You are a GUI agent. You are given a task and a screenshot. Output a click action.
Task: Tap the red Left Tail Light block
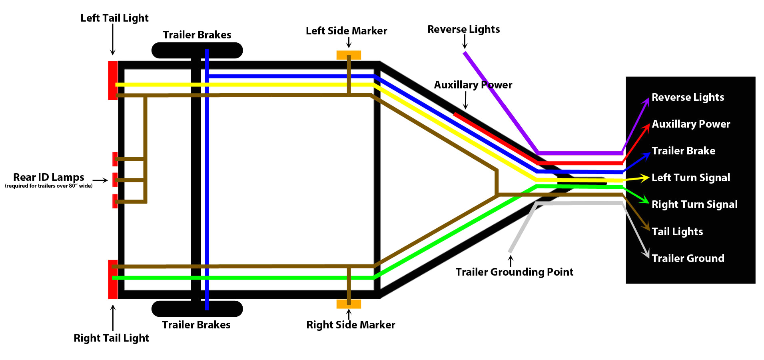(x=112, y=80)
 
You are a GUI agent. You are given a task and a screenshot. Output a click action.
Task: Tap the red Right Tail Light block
(x=112, y=279)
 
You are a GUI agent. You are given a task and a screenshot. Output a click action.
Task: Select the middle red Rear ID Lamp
(x=115, y=180)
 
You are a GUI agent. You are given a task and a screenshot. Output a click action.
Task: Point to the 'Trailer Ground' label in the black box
(x=688, y=258)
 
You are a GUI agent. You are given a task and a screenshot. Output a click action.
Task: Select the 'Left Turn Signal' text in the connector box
(x=690, y=178)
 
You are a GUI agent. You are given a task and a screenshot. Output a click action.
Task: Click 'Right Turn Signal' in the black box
(x=694, y=204)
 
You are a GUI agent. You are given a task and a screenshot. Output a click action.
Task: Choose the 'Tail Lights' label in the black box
(x=677, y=232)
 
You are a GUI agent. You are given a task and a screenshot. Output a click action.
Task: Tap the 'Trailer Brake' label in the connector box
(x=683, y=151)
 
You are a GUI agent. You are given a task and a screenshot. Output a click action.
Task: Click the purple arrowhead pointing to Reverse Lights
(x=646, y=101)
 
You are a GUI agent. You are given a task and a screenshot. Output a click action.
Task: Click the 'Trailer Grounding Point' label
(x=514, y=272)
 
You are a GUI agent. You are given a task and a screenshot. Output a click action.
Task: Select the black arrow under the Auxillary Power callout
(x=466, y=100)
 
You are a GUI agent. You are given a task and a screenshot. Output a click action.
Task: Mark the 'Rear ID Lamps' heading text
(x=48, y=177)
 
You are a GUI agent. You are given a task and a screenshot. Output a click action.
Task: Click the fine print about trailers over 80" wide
(x=48, y=186)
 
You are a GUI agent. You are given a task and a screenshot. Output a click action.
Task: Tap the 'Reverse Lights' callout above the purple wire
(x=463, y=29)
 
